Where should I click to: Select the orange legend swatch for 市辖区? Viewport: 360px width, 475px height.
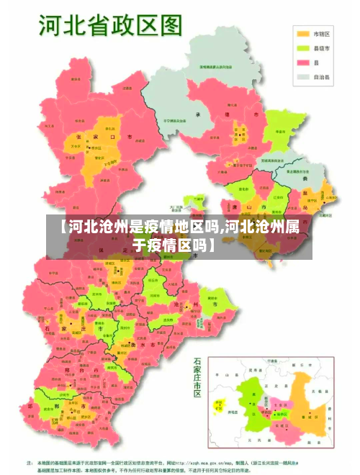302,34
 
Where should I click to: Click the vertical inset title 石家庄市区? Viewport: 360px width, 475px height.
198,377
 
